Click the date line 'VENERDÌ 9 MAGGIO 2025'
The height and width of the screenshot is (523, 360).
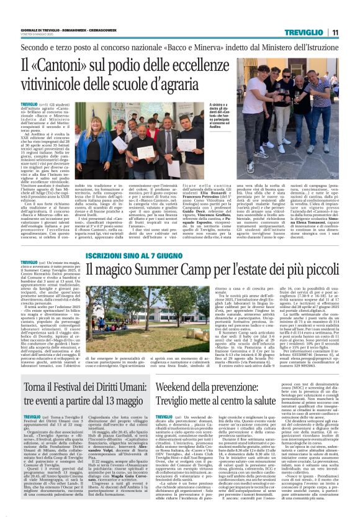(35, 35)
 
